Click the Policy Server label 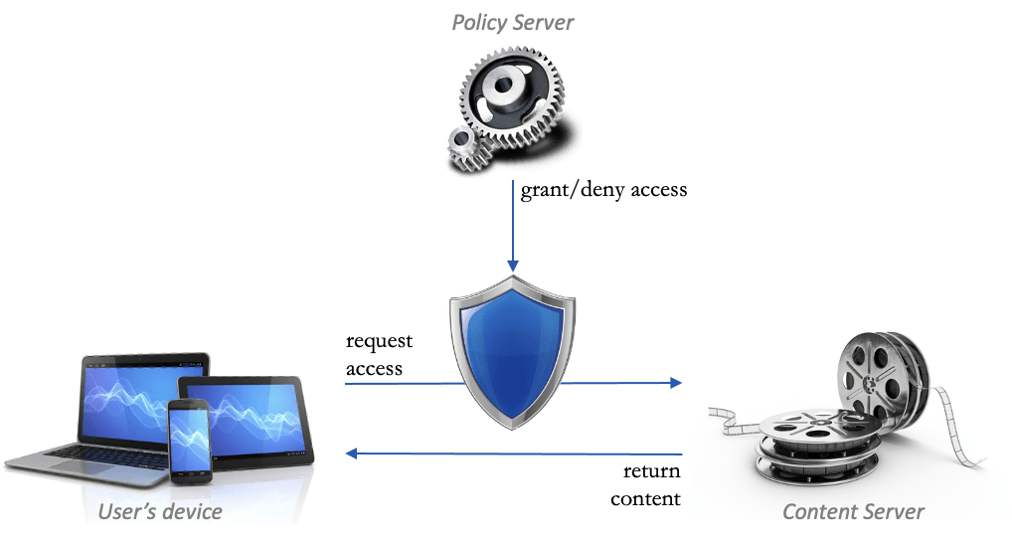point(513,22)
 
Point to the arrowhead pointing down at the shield point(513,264)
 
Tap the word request point(379,343)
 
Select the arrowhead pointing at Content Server point(675,383)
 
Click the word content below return point(646,498)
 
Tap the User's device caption point(160,511)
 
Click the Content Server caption point(853,512)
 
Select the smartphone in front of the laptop point(190,439)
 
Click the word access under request point(374,369)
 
